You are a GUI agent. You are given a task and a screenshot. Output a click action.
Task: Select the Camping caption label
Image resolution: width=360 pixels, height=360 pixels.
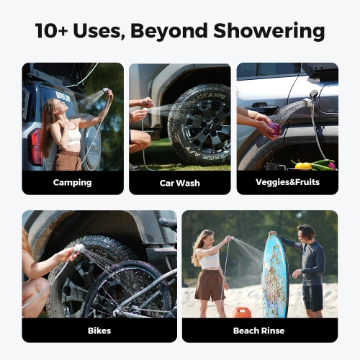(72, 182)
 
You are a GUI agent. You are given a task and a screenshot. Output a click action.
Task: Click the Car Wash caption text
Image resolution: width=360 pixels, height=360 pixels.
(179, 183)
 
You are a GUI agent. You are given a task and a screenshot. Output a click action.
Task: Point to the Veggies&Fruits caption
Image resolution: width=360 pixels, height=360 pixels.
(287, 182)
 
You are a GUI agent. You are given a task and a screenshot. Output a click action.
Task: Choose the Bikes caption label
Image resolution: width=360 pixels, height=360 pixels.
(99, 330)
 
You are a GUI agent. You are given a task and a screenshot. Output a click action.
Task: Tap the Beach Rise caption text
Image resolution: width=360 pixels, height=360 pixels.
(259, 330)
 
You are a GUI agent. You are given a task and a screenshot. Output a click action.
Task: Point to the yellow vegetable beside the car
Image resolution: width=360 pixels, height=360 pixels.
(304, 166)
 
